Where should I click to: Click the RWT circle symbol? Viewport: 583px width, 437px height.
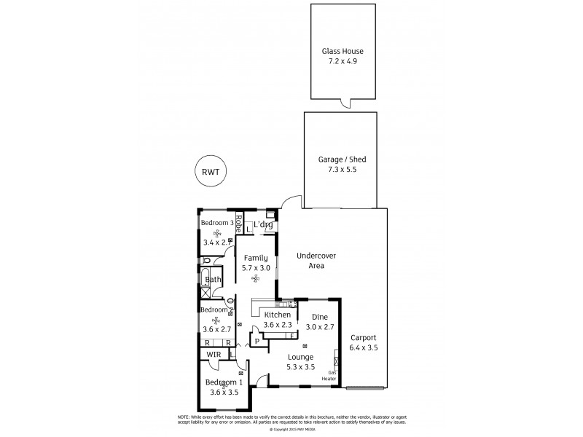(x=211, y=172)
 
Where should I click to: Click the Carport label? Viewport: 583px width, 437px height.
(x=362, y=337)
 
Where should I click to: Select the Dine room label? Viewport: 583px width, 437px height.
(x=319, y=318)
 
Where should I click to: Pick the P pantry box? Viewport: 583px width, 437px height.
(x=257, y=340)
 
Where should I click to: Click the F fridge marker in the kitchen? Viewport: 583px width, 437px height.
(x=291, y=336)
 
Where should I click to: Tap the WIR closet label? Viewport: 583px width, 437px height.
(x=214, y=355)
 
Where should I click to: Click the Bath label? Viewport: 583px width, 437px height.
(x=212, y=279)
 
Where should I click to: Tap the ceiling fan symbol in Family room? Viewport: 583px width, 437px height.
(x=256, y=278)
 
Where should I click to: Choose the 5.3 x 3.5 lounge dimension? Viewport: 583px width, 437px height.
(x=300, y=367)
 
